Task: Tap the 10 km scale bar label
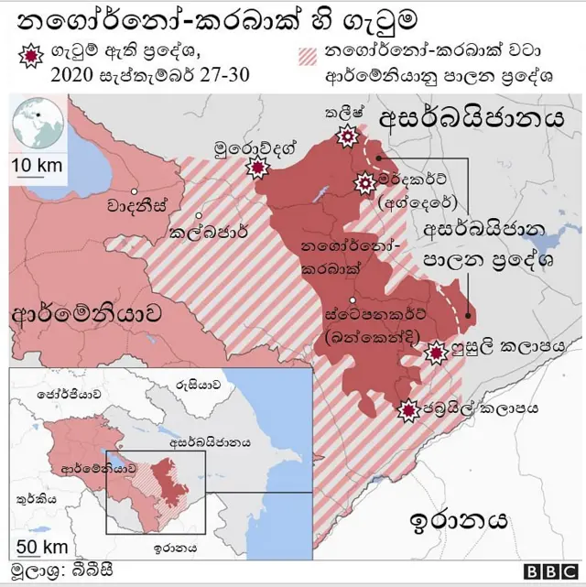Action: [38, 165]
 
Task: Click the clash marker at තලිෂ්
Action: [347, 137]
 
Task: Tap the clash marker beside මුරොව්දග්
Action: [259, 168]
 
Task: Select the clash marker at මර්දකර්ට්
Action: [364, 183]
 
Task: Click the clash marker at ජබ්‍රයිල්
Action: [407, 412]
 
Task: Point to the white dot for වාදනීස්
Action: [135, 192]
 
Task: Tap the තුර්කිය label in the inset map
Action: [37, 500]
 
